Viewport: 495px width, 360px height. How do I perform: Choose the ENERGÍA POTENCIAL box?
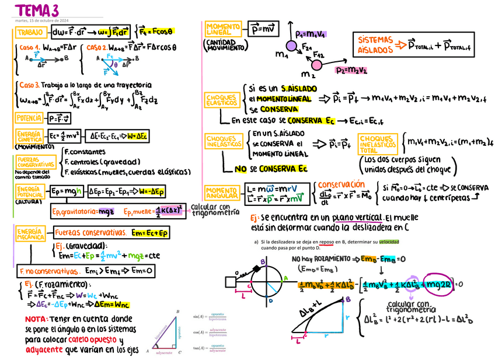[x=29, y=191]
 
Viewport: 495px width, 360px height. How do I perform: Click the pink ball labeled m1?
[x=290, y=46]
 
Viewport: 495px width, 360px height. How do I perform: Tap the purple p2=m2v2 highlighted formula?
[x=351, y=69]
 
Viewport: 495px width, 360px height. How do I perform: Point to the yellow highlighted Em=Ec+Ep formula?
[x=149, y=233]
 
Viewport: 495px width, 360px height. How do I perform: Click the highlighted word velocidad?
[x=390, y=241]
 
